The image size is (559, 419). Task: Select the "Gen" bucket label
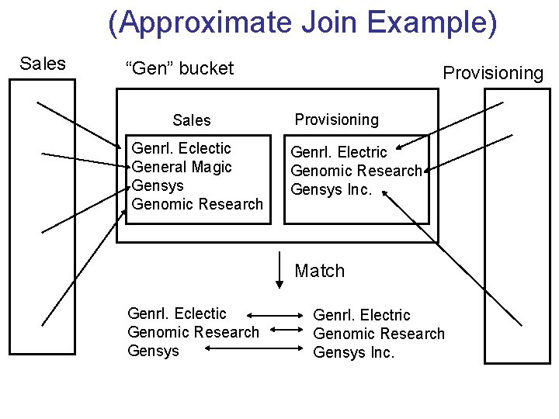tap(179, 68)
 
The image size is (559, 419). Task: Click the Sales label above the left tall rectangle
tap(43, 64)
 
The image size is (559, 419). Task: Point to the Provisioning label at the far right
tap(493, 73)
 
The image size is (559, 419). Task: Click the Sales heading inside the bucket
tap(192, 120)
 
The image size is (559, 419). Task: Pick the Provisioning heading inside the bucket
tap(336, 119)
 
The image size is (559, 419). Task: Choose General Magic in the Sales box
tap(182, 167)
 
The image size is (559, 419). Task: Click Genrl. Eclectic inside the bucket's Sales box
tap(182, 148)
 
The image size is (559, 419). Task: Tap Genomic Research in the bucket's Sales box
tap(197, 204)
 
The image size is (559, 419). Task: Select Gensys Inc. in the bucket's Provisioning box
tap(332, 189)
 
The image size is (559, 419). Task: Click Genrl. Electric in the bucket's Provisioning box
tap(339, 152)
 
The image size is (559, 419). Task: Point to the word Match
tap(319, 271)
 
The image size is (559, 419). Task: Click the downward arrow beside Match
tap(279, 271)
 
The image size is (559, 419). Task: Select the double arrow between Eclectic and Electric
tap(276, 316)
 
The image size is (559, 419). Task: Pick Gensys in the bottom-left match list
tap(153, 351)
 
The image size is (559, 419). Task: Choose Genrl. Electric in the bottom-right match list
tap(361, 315)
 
